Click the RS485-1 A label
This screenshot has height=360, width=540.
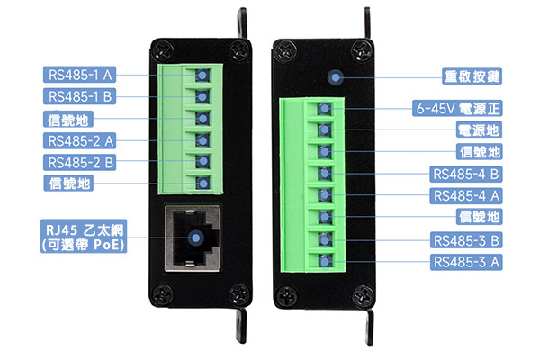79,75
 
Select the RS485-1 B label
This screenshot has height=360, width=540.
79,96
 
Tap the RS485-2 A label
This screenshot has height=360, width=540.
79,140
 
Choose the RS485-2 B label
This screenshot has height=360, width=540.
79,162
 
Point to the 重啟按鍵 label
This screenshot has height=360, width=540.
472,76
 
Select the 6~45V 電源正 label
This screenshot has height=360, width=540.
457,109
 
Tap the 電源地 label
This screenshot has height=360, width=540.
479,130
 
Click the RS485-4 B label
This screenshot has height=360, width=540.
466,174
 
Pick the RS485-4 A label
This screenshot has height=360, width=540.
466,195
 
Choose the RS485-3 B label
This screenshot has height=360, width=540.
466,240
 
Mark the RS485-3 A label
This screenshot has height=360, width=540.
466,262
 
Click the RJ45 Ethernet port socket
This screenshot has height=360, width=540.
193,238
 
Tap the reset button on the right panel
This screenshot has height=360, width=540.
336,78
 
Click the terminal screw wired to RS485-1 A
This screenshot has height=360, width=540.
202,75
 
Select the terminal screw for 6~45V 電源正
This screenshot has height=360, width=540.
324,109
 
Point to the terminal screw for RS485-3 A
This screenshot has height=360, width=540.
324,261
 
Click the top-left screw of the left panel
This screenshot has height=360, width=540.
163,50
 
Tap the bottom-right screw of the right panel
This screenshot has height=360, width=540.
362,295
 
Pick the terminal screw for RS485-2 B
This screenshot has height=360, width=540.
202,161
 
